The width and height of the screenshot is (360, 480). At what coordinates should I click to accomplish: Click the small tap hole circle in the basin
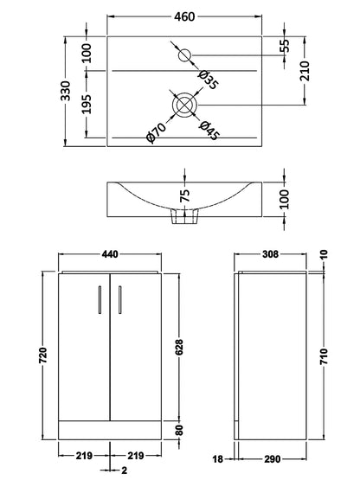coord(185,56)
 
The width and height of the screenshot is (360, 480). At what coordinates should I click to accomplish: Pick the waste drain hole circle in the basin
coord(184,105)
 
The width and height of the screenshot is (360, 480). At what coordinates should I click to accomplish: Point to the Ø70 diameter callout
coord(155,131)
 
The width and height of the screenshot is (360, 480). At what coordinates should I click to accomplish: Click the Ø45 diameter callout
coord(209,129)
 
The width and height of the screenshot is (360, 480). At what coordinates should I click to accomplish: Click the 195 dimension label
coord(87,105)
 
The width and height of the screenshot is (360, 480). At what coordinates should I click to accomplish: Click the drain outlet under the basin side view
coord(184,222)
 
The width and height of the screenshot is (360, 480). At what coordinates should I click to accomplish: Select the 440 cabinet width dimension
coord(110,254)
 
